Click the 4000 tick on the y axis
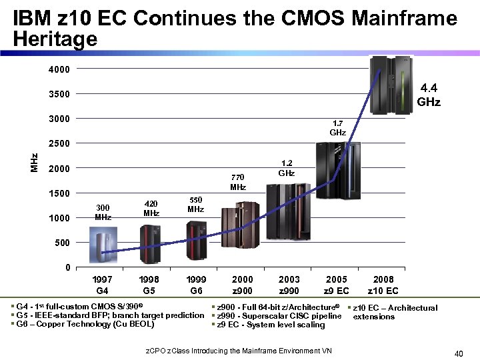point(58,69)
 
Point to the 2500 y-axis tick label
point(58,143)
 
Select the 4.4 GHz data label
point(428,94)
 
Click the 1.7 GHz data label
point(338,128)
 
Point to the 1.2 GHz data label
point(287,168)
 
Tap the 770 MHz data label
point(238,182)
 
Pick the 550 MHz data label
point(195,205)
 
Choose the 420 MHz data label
point(151,209)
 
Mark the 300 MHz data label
point(103,213)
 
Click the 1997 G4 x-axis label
point(103,285)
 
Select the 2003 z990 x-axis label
point(289,285)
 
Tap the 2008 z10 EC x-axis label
point(383,285)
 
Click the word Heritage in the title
point(55,40)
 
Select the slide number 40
point(458,353)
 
